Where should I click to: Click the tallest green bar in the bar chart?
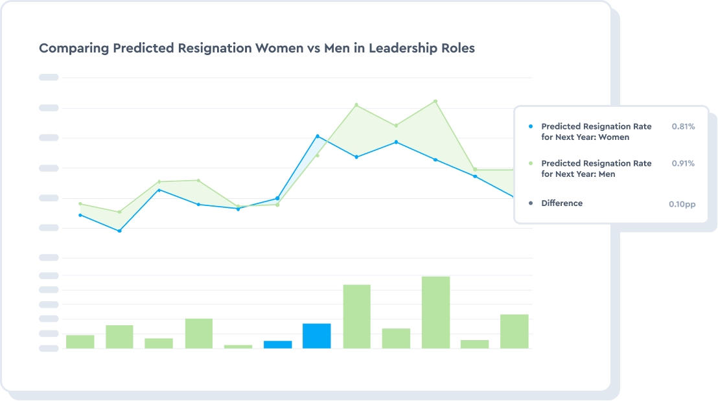435,312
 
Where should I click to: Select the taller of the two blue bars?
316,336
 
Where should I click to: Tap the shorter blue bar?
277,344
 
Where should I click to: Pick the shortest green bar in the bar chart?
238,347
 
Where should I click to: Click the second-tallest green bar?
356,316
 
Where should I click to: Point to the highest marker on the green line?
435,101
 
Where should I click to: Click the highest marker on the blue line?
318,136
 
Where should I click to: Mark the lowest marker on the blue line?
120,231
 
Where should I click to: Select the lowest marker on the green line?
119,212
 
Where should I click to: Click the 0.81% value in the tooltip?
683,127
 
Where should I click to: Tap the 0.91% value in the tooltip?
683,164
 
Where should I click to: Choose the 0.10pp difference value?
682,204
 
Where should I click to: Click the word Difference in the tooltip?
562,203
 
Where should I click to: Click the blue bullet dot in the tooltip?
531,127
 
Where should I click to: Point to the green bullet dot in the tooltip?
531,164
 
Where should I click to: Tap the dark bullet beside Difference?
531,203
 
